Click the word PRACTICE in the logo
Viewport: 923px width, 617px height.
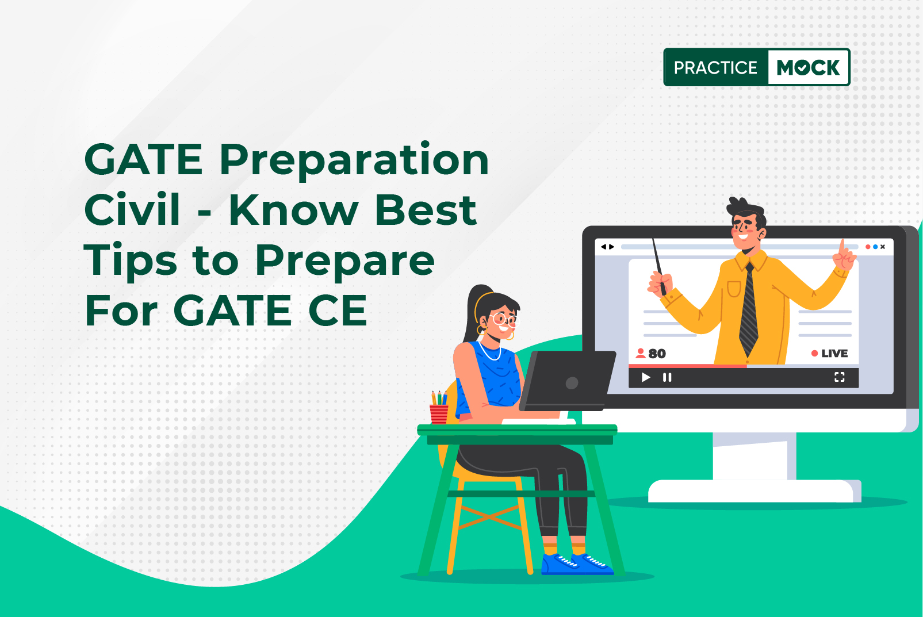pyautogui.click(x=715, y=67)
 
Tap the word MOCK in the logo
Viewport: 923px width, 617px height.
pyautogui.click(x=808, y=67)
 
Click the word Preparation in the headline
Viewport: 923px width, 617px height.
pyautogui.click(x=354, y=160)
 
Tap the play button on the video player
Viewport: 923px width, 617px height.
pyautogui.click(x=646, y=377)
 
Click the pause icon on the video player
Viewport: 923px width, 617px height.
pyautogui.click(x=667, y=377)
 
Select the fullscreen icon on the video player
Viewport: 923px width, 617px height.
pyautogui.click(x=840, y=377)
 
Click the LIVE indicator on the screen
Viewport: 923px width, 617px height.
pyautogui.click(x=829, y=354)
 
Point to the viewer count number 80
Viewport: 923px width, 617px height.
pyautogui.click(x=657, y=354)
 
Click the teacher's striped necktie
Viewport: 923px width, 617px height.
pyautogui.click(x=748, y=309)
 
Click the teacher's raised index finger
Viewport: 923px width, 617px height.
pyautogui.click(x=842, y=247)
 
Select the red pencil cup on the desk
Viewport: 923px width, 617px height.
pyautogui.click(x=439, y=414)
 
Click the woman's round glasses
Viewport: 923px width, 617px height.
pyautogui.click(x=504, y=320)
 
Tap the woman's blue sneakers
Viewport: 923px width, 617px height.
pyautogui.click(x=577, y=564)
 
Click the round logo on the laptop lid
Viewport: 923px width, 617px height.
pyautogui.click(x=572, y=383)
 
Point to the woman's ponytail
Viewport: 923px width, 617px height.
pyautogui.click(x=473, y=313)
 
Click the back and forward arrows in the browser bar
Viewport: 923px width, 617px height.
pyautogui.click(x=607, y=247)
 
